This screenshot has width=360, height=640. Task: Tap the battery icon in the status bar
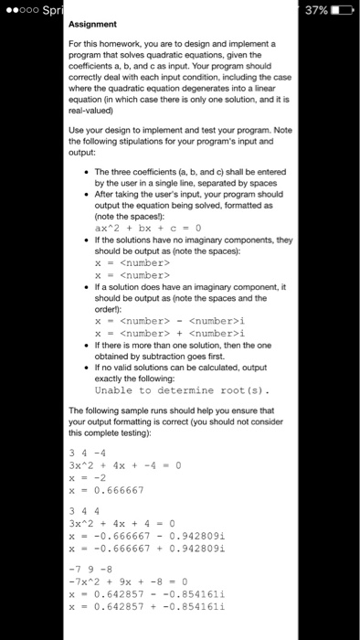pos(344,9)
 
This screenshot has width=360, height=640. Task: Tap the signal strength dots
pos(18,9)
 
